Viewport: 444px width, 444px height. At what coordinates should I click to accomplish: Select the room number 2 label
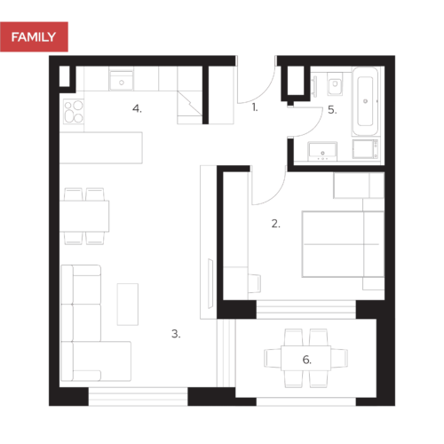275,225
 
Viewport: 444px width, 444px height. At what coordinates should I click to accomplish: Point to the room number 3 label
176,335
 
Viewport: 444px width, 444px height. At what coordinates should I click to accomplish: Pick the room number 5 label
332,110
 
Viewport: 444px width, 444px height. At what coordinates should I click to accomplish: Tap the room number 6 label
307,360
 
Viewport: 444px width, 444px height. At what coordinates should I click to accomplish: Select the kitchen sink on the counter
121,82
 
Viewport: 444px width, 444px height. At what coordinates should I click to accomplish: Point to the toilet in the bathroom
335,85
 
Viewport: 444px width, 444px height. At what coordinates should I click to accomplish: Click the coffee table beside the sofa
128,303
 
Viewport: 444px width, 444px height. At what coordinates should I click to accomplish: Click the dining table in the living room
85,215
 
